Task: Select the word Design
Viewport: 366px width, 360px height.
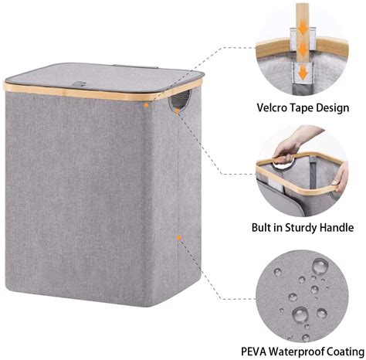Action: click(337, 108)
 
